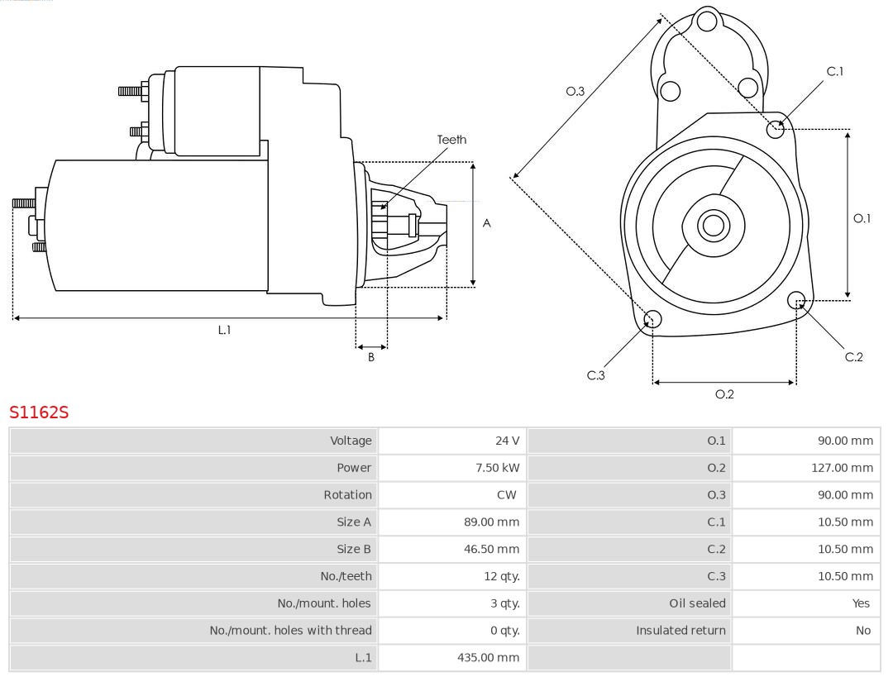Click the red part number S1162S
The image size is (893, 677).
coord(39,412)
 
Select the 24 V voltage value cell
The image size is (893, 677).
coord(507,441)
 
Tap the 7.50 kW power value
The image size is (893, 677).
coord(498,468)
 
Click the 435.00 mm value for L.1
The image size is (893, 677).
coord(489,657)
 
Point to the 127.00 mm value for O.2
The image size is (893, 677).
coord(842,468)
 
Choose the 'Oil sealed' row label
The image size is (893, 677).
coord(697,603)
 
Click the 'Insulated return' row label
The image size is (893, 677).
coord(680,631)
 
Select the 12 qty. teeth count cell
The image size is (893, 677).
coord(502,576)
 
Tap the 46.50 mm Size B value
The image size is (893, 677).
coord(492,549)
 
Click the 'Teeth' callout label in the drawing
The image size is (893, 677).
coord(451,140)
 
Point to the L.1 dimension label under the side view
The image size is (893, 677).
coord(224,330)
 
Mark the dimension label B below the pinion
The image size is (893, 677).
coord(371,358)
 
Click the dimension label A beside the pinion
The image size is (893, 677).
coord(487,223)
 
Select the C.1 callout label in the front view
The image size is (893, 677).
coord(835,71)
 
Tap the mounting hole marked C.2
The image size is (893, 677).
coord(797,299)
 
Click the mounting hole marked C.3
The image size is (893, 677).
coord(652,319)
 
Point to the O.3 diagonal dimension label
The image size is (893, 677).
coord(575,91)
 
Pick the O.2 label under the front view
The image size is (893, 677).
coord(724,394)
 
